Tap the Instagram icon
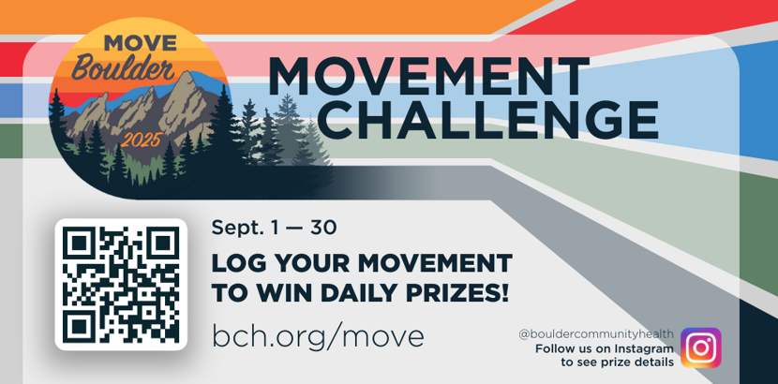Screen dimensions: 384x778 [700, 347]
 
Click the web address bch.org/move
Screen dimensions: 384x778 [318, 335]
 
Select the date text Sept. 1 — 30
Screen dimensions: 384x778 [274, 227]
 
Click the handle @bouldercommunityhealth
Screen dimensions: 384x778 [595, 333]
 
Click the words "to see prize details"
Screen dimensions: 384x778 [617, 362]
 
